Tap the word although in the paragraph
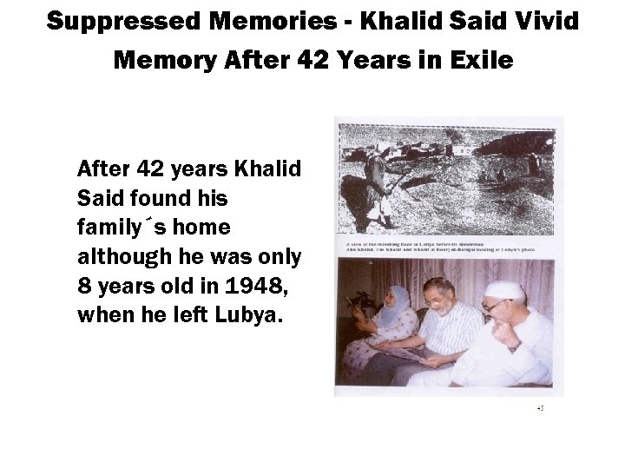(113, 259)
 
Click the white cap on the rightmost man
(505, 290)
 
